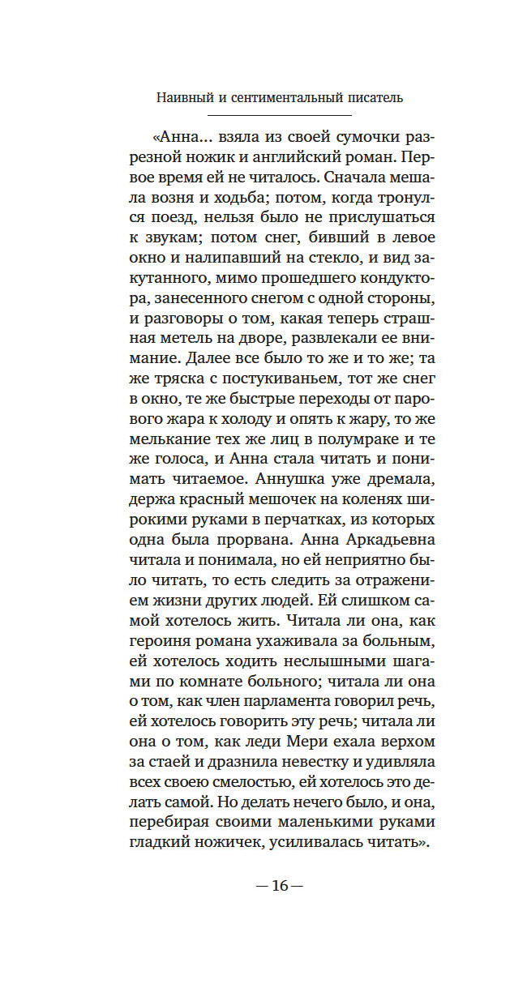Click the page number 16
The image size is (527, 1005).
tap(280, 885)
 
